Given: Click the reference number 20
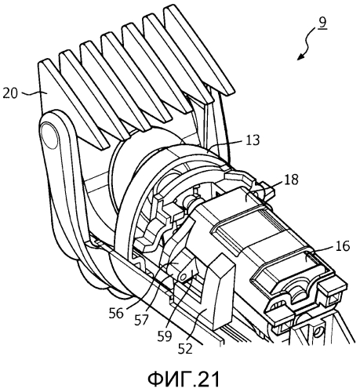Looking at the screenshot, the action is (x=10, y=93).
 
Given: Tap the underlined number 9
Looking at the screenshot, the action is (x=323, y=23).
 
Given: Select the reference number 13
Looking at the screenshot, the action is (x=253, y=140).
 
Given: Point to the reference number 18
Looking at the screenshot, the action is (x=291, y=180).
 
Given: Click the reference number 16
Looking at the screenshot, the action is (x=343, y=246).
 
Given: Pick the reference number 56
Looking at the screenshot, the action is (x=116, y=313).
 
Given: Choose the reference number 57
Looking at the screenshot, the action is (x=141, y=320).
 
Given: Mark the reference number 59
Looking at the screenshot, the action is (x=165, y=336).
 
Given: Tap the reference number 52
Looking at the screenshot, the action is (x=185, y=348).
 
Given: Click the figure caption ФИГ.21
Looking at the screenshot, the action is (x=184, y=379).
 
